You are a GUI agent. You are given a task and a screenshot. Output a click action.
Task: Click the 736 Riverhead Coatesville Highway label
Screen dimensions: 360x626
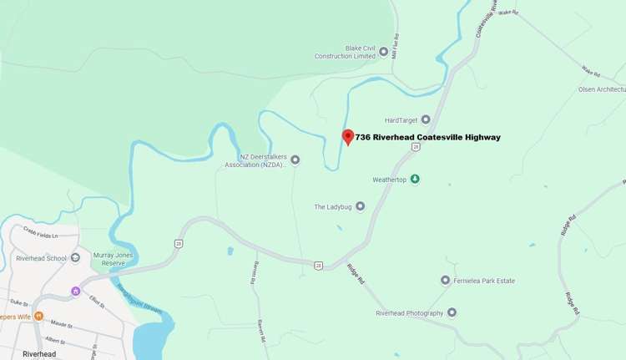[x=427, y=137]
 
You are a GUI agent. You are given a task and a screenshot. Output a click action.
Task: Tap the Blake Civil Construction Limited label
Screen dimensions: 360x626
[x=345, y=52]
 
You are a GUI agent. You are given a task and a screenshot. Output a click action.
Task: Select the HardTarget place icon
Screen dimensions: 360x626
[x=426, y=119]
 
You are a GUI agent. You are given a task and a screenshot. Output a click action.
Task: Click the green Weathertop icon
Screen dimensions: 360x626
[x=415, y=179]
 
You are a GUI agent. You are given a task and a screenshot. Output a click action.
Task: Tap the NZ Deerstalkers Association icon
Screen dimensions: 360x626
[x=295, y=160]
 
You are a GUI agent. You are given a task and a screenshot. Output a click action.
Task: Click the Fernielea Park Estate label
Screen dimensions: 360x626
[x=492, y=281]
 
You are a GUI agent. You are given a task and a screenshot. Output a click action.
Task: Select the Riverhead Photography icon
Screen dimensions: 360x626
[x=452, y=312]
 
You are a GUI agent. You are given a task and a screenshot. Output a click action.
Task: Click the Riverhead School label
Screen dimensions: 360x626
[x=41, y=258]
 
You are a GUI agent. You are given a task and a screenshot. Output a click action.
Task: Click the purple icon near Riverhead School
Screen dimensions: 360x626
[x=76, y=291]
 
